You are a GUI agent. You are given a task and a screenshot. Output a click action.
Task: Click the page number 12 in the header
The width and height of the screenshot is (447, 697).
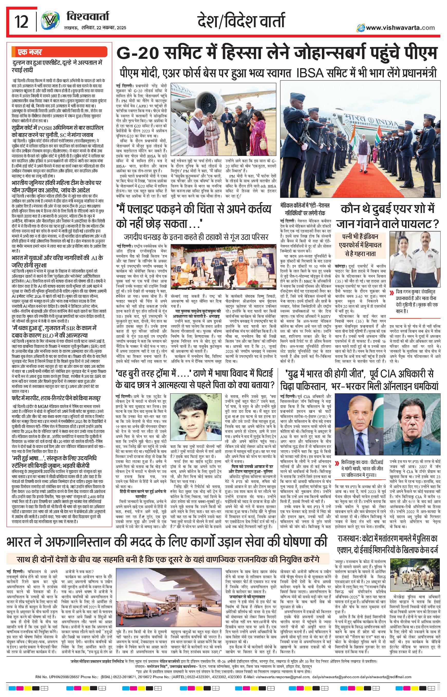(22, 22)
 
